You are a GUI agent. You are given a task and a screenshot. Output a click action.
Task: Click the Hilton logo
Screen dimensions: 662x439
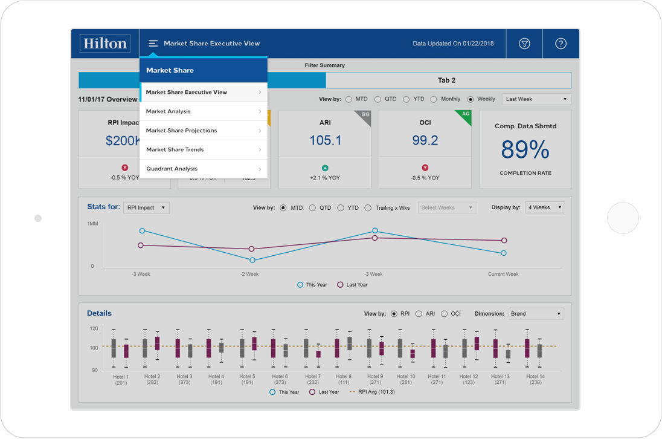point(105,44)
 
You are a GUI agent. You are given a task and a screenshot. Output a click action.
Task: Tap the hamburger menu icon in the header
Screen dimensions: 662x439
point(153,44)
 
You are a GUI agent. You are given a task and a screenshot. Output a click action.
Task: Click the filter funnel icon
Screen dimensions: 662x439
point(524,44)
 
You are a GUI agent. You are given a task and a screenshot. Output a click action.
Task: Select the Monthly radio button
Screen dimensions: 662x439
point(434,99)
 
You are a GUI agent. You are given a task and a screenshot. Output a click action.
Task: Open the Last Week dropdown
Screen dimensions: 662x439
point(536,99)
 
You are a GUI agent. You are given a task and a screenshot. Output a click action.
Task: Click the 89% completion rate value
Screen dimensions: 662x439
point(525,149)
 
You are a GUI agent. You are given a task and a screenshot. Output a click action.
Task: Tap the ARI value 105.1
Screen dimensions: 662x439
point(325,140)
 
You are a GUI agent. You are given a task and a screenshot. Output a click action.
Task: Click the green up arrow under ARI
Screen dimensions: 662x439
point(325,167)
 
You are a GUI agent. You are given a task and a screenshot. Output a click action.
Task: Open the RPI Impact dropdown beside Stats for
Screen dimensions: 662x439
point(146,208)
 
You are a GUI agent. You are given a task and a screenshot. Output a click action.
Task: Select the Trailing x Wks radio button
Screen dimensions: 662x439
point(368,208)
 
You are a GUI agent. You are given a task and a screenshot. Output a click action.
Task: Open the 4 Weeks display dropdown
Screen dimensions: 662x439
point(544,207)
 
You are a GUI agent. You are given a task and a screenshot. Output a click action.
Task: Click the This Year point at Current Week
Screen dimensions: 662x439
point(503,253)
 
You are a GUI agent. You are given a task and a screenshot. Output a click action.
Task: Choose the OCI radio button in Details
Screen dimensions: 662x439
point(444,314)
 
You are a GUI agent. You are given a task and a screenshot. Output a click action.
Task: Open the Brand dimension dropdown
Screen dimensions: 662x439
point(536,314)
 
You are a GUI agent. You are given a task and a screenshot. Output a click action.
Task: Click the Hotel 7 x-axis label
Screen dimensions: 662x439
point(313,379)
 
